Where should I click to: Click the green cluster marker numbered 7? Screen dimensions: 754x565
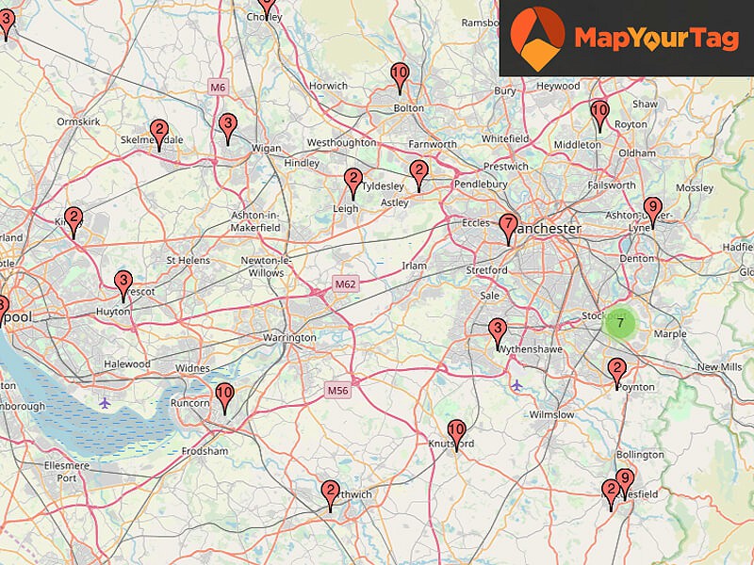[619, 324]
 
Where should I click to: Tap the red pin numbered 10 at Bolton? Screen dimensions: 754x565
[400, 75]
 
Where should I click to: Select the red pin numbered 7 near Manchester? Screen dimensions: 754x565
[509, 227]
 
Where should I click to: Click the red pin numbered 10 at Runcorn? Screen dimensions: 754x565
[224, 396]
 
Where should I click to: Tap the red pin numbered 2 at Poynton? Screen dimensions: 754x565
[616, 371]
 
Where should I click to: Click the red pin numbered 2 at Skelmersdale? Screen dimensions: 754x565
[158, 133]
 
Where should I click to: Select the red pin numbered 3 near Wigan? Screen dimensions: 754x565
[226, 126]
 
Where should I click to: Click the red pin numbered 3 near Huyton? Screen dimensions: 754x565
[123, 283]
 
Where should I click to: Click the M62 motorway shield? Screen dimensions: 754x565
[345, 283]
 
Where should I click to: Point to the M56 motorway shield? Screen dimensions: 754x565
[337, 390]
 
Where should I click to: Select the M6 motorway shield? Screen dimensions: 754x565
[219, 88]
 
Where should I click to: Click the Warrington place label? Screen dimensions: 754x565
[289, 337]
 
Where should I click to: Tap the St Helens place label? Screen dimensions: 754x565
[185, 260]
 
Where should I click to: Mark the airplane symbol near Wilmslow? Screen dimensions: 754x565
[516, 385]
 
